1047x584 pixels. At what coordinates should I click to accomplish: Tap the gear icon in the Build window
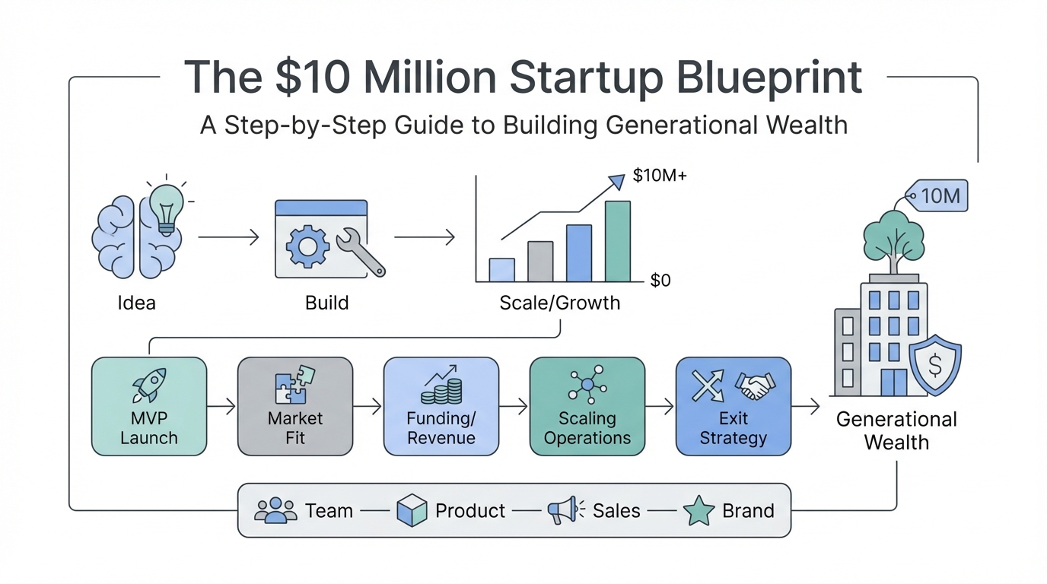(x=307, y=246)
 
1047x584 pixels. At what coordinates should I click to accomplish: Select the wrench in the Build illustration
(x=361, y=252)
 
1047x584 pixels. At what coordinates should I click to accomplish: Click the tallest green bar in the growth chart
(x=618, y=241)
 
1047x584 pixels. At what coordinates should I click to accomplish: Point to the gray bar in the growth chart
(x=540, y=262)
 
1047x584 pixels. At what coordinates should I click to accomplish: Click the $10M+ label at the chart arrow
(x=660, y=175)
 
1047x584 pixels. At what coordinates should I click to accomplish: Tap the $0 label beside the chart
(x=660, y=281)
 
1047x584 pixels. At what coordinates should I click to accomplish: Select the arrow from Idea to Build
(x=228, y=237)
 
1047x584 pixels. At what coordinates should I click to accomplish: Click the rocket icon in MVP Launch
(x=149, y=385)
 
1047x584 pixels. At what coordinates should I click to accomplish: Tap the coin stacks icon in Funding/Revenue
(x=441, y=385)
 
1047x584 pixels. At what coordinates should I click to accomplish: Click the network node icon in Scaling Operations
(x=587, y=385)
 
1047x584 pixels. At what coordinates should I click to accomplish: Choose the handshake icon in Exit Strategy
(x=755, y=386)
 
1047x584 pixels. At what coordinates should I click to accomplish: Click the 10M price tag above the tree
(x=936, y=195)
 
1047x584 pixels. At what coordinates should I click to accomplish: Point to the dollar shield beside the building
(x=935, y=365)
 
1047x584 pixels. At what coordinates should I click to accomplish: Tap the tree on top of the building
(x=893, y=242)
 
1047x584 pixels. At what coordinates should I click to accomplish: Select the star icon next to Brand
(x=699, y=511)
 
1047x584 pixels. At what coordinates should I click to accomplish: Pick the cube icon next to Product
(x=412, y=511)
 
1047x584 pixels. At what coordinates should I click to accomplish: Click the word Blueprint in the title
(x=769, y=78)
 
